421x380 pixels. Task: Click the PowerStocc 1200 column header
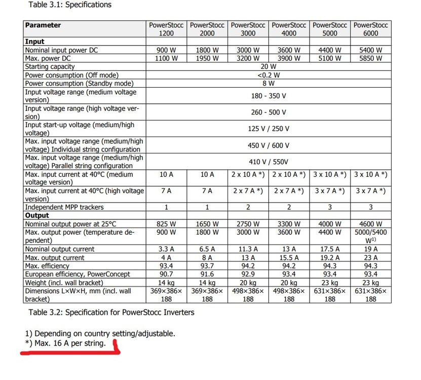(166, 29)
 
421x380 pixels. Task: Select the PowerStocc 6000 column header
(371, 29)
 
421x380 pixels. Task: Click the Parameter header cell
(43, 25)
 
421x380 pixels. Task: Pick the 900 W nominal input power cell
(166, 50)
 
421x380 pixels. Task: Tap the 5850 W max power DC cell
(371, 58)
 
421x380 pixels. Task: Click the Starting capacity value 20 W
(269, 66)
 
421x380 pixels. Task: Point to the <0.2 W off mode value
(269, 75)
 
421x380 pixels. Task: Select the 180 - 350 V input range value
(269, 96)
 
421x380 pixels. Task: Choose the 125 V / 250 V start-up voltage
(269, 129)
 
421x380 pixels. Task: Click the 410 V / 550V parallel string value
(269, 162)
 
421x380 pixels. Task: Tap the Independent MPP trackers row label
(64, 207)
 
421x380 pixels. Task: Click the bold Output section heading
(36, 215)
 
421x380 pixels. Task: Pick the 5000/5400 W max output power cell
(371, 236)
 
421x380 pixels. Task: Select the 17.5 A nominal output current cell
(330, 249)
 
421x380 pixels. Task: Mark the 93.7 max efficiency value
(207, 265)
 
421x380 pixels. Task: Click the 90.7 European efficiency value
(166, 274)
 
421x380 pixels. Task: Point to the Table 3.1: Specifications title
(70, 5)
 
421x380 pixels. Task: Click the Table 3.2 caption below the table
(111, 312)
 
